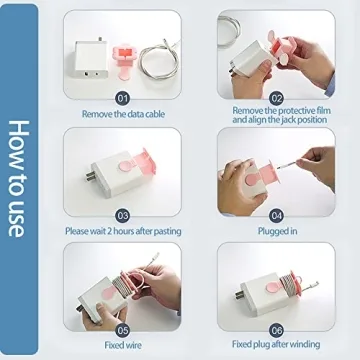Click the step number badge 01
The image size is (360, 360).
point(123,99)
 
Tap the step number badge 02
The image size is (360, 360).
point(275,99)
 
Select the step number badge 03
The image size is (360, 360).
point(123,214)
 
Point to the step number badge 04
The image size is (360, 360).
point(275,214)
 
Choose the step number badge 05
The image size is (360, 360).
point(123,328)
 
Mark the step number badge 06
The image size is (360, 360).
point(275,328)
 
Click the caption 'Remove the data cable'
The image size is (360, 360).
point(123,114)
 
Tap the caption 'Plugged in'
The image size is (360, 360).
point(275,229)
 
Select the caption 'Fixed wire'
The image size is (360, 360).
point(123,343)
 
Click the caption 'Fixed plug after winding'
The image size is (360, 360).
point(275,343)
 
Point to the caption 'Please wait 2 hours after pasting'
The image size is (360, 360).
point(123,229)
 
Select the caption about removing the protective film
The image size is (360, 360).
point(275,114)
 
